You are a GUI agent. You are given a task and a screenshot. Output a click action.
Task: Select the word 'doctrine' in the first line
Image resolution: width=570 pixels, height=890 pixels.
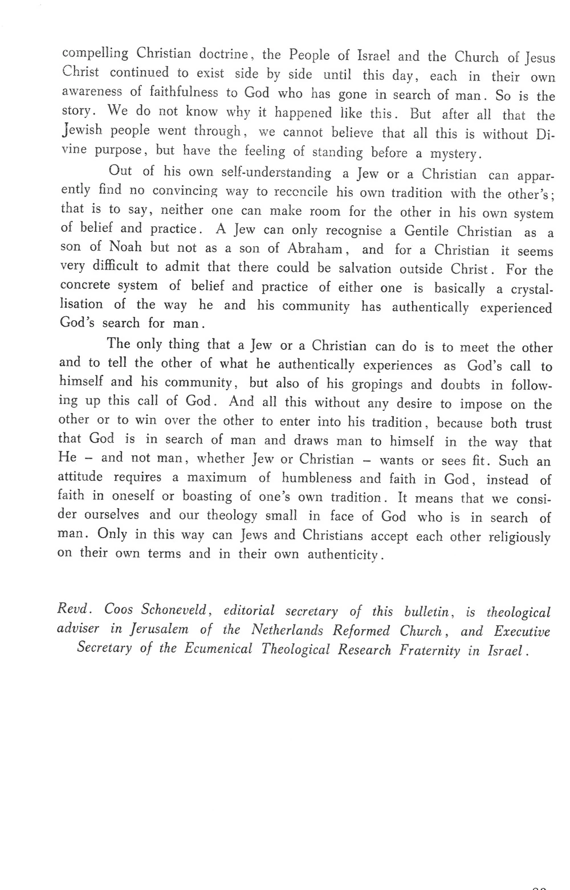(224, 55)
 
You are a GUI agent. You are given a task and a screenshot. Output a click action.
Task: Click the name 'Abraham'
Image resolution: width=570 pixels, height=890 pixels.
(315, 249)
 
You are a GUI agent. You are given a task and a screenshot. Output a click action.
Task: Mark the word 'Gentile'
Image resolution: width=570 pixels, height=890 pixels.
(427, 231)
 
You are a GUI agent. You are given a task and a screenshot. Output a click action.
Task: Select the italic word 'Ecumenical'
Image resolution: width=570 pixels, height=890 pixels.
(218, 650)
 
